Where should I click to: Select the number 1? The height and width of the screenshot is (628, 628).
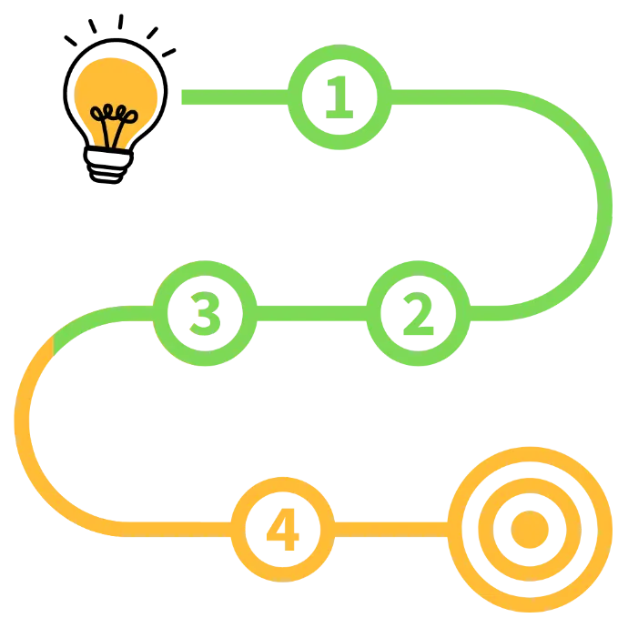339,96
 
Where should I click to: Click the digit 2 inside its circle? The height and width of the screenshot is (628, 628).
416,313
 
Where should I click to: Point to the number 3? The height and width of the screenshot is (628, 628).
204,312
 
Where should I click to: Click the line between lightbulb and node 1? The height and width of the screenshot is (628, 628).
232,96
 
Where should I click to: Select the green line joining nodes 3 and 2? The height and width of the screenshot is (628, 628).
309,313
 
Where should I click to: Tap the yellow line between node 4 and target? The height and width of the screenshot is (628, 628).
391,528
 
